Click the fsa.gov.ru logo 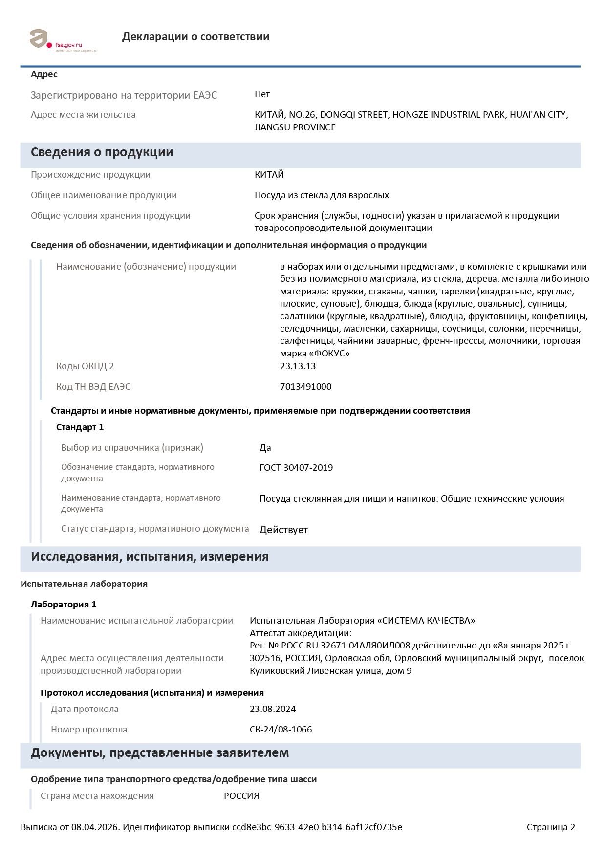(63, 40)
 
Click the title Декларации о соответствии (195, 37)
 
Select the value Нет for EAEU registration (262, 94)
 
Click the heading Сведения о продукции (102, 152)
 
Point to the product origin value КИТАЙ (269, 175)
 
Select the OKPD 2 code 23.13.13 (298, 366)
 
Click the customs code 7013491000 (305, 387)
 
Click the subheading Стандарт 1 (80, 427)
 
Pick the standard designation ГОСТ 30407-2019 (296, 468)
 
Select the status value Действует (283, 530)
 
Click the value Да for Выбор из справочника (265, 448)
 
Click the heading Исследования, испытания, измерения (150, 557)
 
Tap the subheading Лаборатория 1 (64, 605)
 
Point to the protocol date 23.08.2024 (273, 709)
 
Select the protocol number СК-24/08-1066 (281, 730)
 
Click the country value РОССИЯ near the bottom (241, 796)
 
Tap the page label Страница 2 (551, 827)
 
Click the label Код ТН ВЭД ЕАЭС (93, 387)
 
